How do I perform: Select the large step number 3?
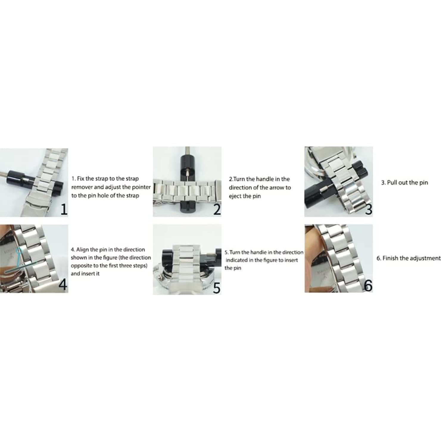click(x=369, y=209)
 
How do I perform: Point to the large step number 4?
click(x=63, y=285)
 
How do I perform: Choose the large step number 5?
click(x=217, y=288)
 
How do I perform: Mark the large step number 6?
click(x=368, y=286)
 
